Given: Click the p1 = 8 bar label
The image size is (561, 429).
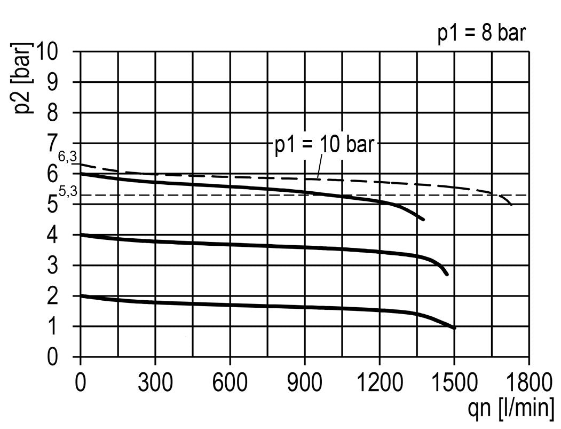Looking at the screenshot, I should (482, 34).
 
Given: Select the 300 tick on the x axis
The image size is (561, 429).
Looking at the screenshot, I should (155, 384).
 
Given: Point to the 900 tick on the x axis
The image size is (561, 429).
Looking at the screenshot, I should (305, 384).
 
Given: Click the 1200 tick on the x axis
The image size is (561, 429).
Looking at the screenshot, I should (380, 384).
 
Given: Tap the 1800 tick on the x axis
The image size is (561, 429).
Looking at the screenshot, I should (528, 384).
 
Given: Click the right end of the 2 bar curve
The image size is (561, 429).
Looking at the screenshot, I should (454, 328).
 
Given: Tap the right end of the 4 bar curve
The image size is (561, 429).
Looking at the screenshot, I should (447, 275).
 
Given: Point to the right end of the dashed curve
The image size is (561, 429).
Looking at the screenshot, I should (511, 205).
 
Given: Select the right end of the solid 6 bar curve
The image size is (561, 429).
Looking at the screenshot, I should (423, 220).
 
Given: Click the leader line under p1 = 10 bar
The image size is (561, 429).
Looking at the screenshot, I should (319, 165).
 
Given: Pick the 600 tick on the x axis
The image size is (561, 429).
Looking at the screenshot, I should (230, 384).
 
